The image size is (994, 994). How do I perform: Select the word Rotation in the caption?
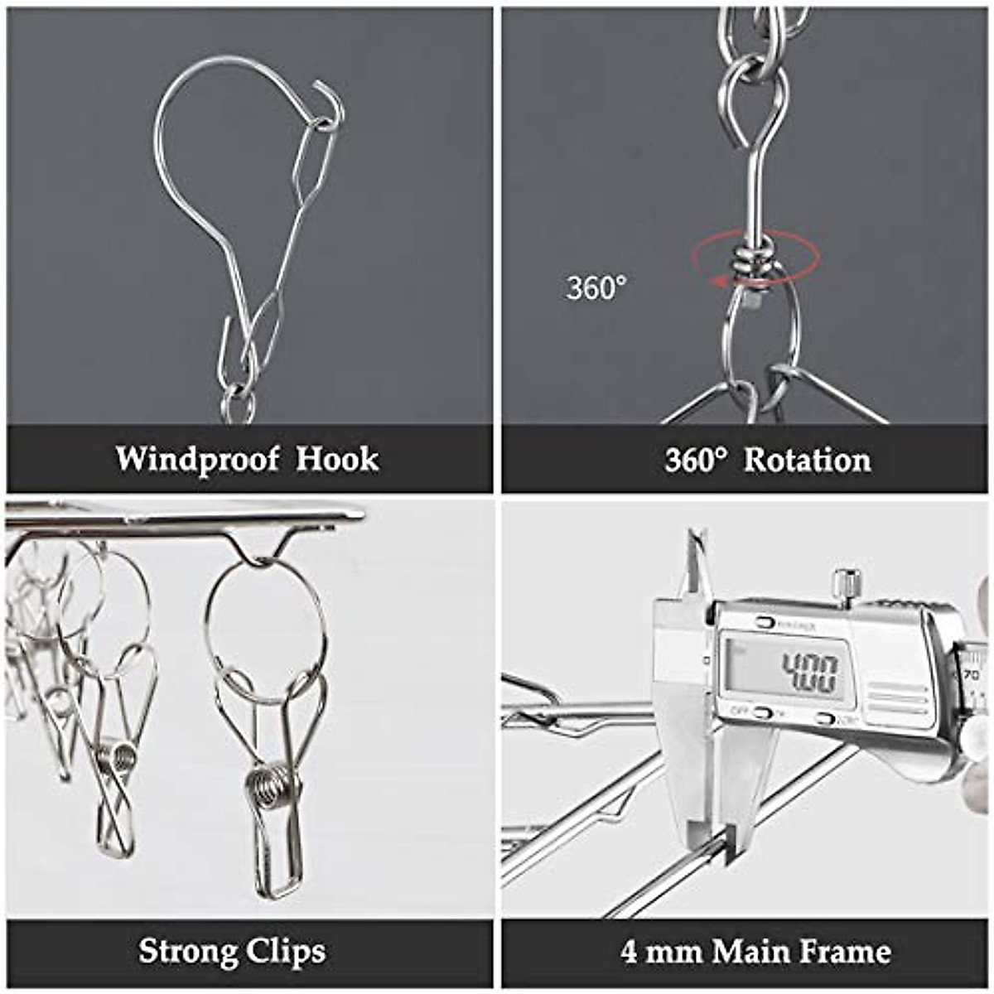(x=807, y=461)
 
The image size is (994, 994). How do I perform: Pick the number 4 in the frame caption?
(x=629, y=952)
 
